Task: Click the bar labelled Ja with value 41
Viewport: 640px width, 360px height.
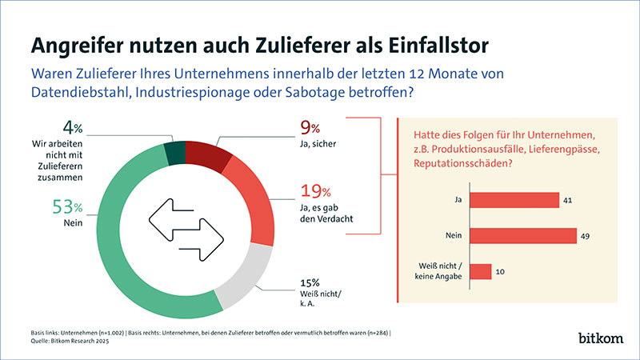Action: pyautogui.click(x=513, y=199)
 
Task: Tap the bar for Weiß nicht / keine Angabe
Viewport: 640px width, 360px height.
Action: pyautogui.click(x=480, y=272)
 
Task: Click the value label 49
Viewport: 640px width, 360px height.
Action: pyautogui.click(x=586, y=235)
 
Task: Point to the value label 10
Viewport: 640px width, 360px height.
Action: pyautogui.click(x=500, y=272)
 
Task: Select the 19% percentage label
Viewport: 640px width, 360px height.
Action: pyautogui.click(x=317, y=192)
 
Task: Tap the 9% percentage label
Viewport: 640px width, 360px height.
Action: pyautogui.click(x=310, y=127)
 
